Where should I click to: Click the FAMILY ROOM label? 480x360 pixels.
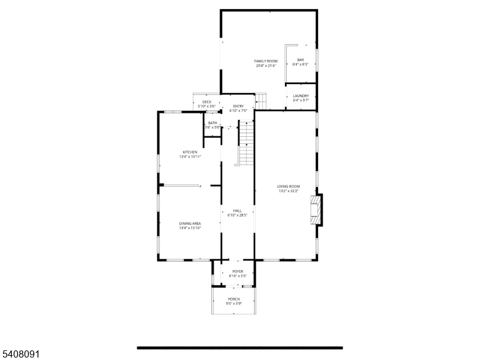[x=265, y=61]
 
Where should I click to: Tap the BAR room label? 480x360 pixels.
[x=300, y=60]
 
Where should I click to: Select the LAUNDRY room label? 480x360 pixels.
[x=301, y=96]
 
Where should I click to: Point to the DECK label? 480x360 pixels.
[x=206, y=102]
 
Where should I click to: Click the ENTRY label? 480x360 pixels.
[x=238, y=106]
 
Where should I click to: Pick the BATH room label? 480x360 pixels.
[x=213, y=123]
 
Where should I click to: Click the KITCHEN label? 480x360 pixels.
[x=190, y=152]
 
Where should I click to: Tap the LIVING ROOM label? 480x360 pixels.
[x=288, y=187]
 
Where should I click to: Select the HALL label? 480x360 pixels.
[x=238, y=211]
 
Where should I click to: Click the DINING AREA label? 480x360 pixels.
[x=190, y=223]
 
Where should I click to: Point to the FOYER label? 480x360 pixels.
[x=238, y=271]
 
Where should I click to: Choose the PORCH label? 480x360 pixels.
[x=233, y=299]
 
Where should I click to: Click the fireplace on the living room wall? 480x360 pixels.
[x=316, y=209]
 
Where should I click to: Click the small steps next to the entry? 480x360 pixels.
[x=260, y=100]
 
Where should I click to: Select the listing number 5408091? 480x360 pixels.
[x=20, y=355]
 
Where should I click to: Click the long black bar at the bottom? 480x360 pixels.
[x=239, y=347]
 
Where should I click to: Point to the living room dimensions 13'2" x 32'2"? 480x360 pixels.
[x=288, y=192]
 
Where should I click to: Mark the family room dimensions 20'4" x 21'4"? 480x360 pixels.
[x=265, y=65]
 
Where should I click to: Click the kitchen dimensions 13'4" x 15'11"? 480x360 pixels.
[x=190, y=157]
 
